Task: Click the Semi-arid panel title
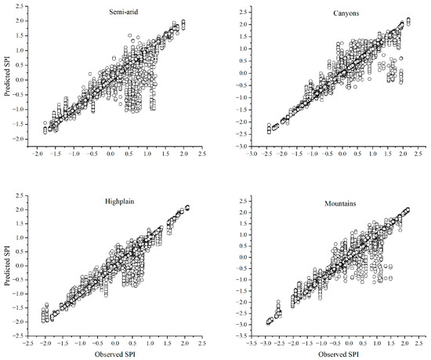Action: (123, 12)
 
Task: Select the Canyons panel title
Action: (346, 13)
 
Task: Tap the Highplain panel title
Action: (120, 202)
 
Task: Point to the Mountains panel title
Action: (340, 204)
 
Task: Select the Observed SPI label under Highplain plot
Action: (115, 355)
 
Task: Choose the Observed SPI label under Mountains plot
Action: (339, 355)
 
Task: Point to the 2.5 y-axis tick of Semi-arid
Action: (20, 6)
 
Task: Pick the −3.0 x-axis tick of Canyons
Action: (252, 154)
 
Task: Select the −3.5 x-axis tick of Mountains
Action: (252, 344)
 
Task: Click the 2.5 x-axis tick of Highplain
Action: (202, 344)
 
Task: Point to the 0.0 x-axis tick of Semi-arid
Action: (110, 154)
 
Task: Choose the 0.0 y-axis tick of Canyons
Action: (243, 73)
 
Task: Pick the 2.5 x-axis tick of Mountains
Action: (418, 344)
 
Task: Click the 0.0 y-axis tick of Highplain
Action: (20, 266)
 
